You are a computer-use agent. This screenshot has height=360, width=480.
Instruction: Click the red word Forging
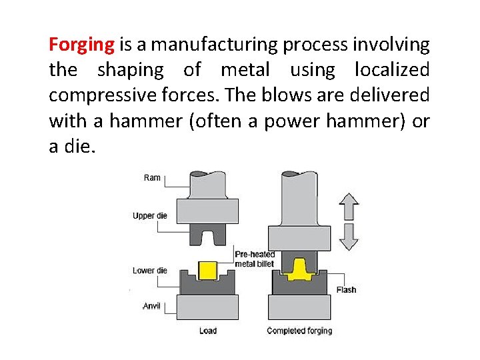[82, 45]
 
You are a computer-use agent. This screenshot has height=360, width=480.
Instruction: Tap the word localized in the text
[392, 69]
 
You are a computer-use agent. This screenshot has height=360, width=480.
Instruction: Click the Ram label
[152, 177]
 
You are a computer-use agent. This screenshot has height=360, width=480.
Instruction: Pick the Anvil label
[152, 306]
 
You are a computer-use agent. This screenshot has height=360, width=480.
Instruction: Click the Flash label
[346, 290]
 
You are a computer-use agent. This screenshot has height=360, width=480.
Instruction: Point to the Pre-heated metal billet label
[255, 259]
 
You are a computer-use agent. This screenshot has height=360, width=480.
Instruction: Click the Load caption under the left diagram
[208, 331]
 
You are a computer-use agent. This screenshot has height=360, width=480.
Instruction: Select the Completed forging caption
[299, 331]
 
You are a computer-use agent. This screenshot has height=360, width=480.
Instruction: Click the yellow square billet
[208, 270]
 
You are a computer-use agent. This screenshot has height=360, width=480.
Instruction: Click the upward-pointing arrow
[348, 206]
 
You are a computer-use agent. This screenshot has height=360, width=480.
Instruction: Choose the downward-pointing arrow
[348, 236]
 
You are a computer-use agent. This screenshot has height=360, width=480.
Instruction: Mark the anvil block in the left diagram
[208, 307]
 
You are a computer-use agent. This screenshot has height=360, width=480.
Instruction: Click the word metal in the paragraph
[245, 69]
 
